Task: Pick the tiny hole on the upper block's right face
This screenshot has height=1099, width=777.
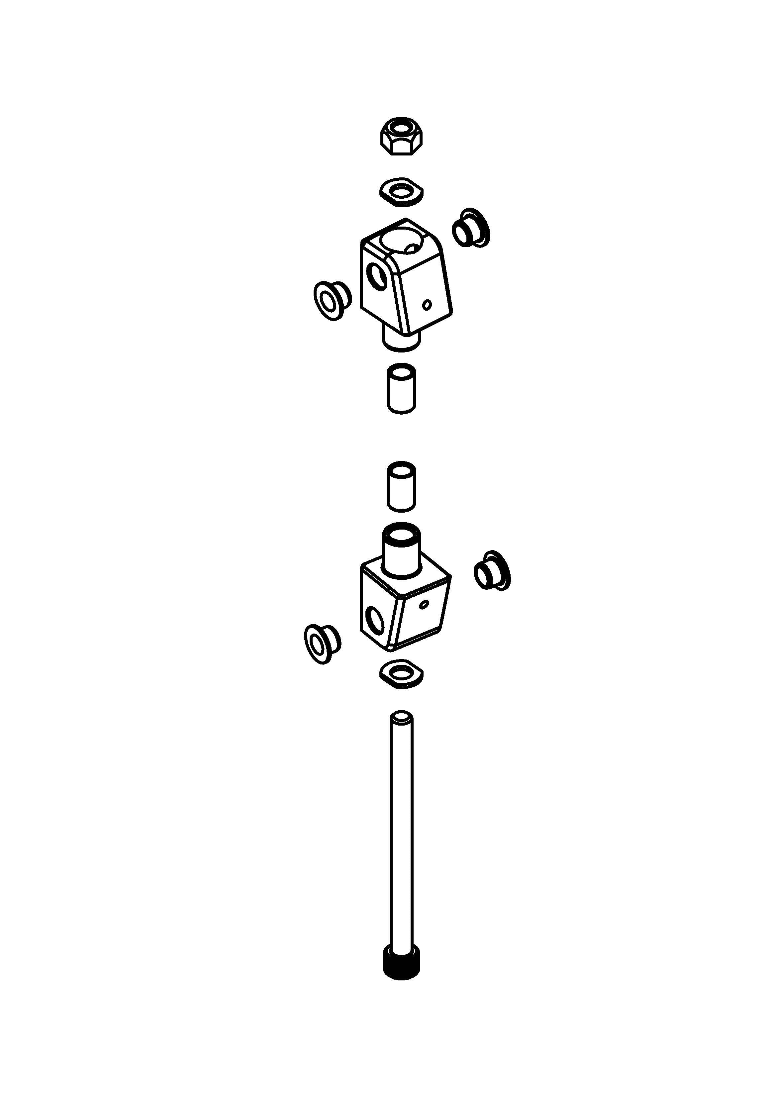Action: tap(428, 304)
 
